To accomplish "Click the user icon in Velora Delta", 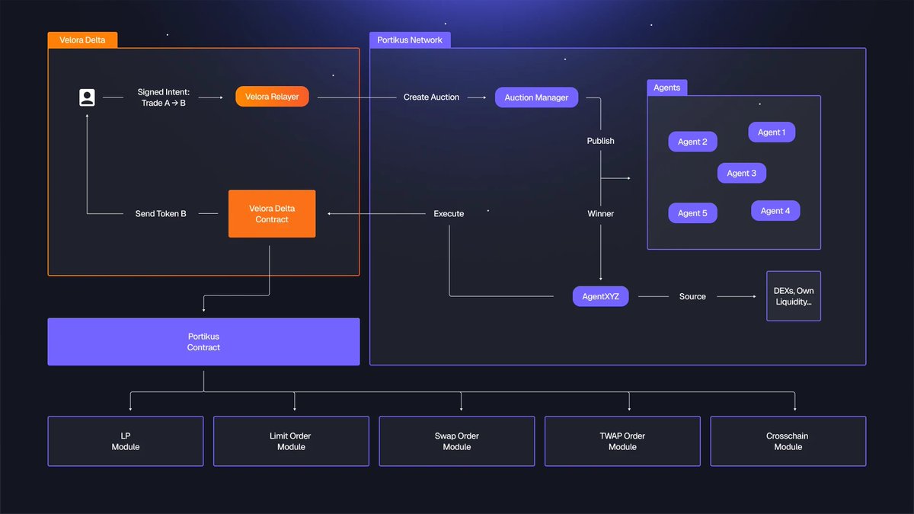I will (x=87, y=97).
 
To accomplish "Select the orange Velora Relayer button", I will (x=272, y=97).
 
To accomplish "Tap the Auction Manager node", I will (x=536, y=97).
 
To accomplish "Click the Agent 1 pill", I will (x=771, y=132).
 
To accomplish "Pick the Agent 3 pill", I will (x=741, y=173).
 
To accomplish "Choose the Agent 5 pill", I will (x=692, y=213).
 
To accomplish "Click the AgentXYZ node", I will (x=600, y=296).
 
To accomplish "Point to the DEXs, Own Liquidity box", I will (x=793, y=296).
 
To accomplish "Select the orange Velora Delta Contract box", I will (x=272, y=214).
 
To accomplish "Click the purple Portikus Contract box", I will (x=203, y=342).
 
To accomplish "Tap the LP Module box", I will (x=126, y=441).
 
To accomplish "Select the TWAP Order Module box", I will (x=622, y=441).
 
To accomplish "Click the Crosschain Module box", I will (x=788, y=441).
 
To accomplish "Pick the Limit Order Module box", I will (x=291, y=441).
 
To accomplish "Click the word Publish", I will (x=600, y=141).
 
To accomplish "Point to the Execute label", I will (x=449, y=214).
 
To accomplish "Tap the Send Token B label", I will (x=161, y=214).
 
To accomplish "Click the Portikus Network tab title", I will (x=410, y=40).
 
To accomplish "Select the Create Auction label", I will (x=431, y=97).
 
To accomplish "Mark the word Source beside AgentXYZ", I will (x=692, y=296).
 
